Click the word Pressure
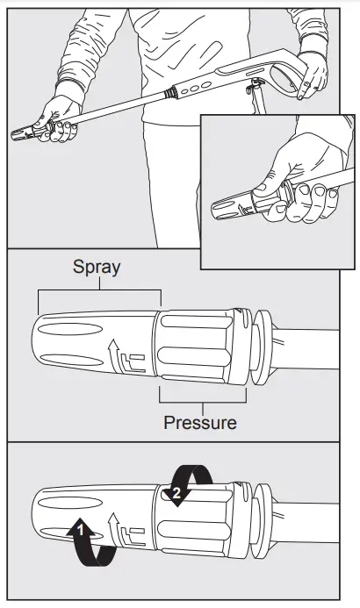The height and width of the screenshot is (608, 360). click(x=200, y=423)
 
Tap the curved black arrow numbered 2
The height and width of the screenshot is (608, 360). click(x=186, y=484)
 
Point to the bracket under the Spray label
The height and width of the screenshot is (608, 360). click(x=98, y=291)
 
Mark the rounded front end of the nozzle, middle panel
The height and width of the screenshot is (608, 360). click(x=37, y=347)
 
